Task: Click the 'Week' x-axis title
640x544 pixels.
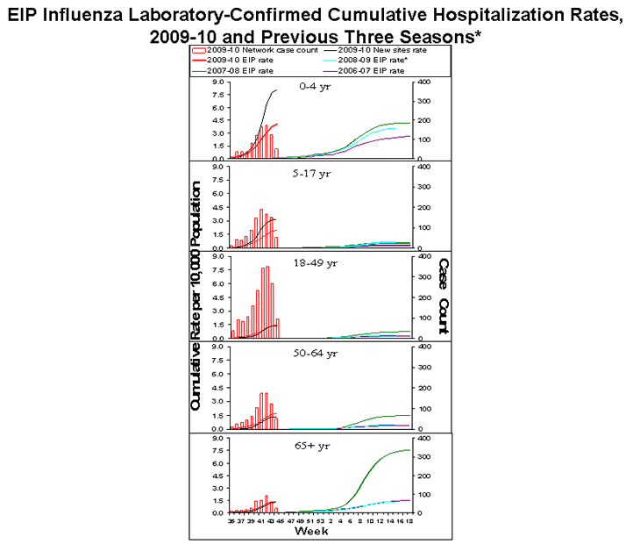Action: (x=311, y=532)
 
